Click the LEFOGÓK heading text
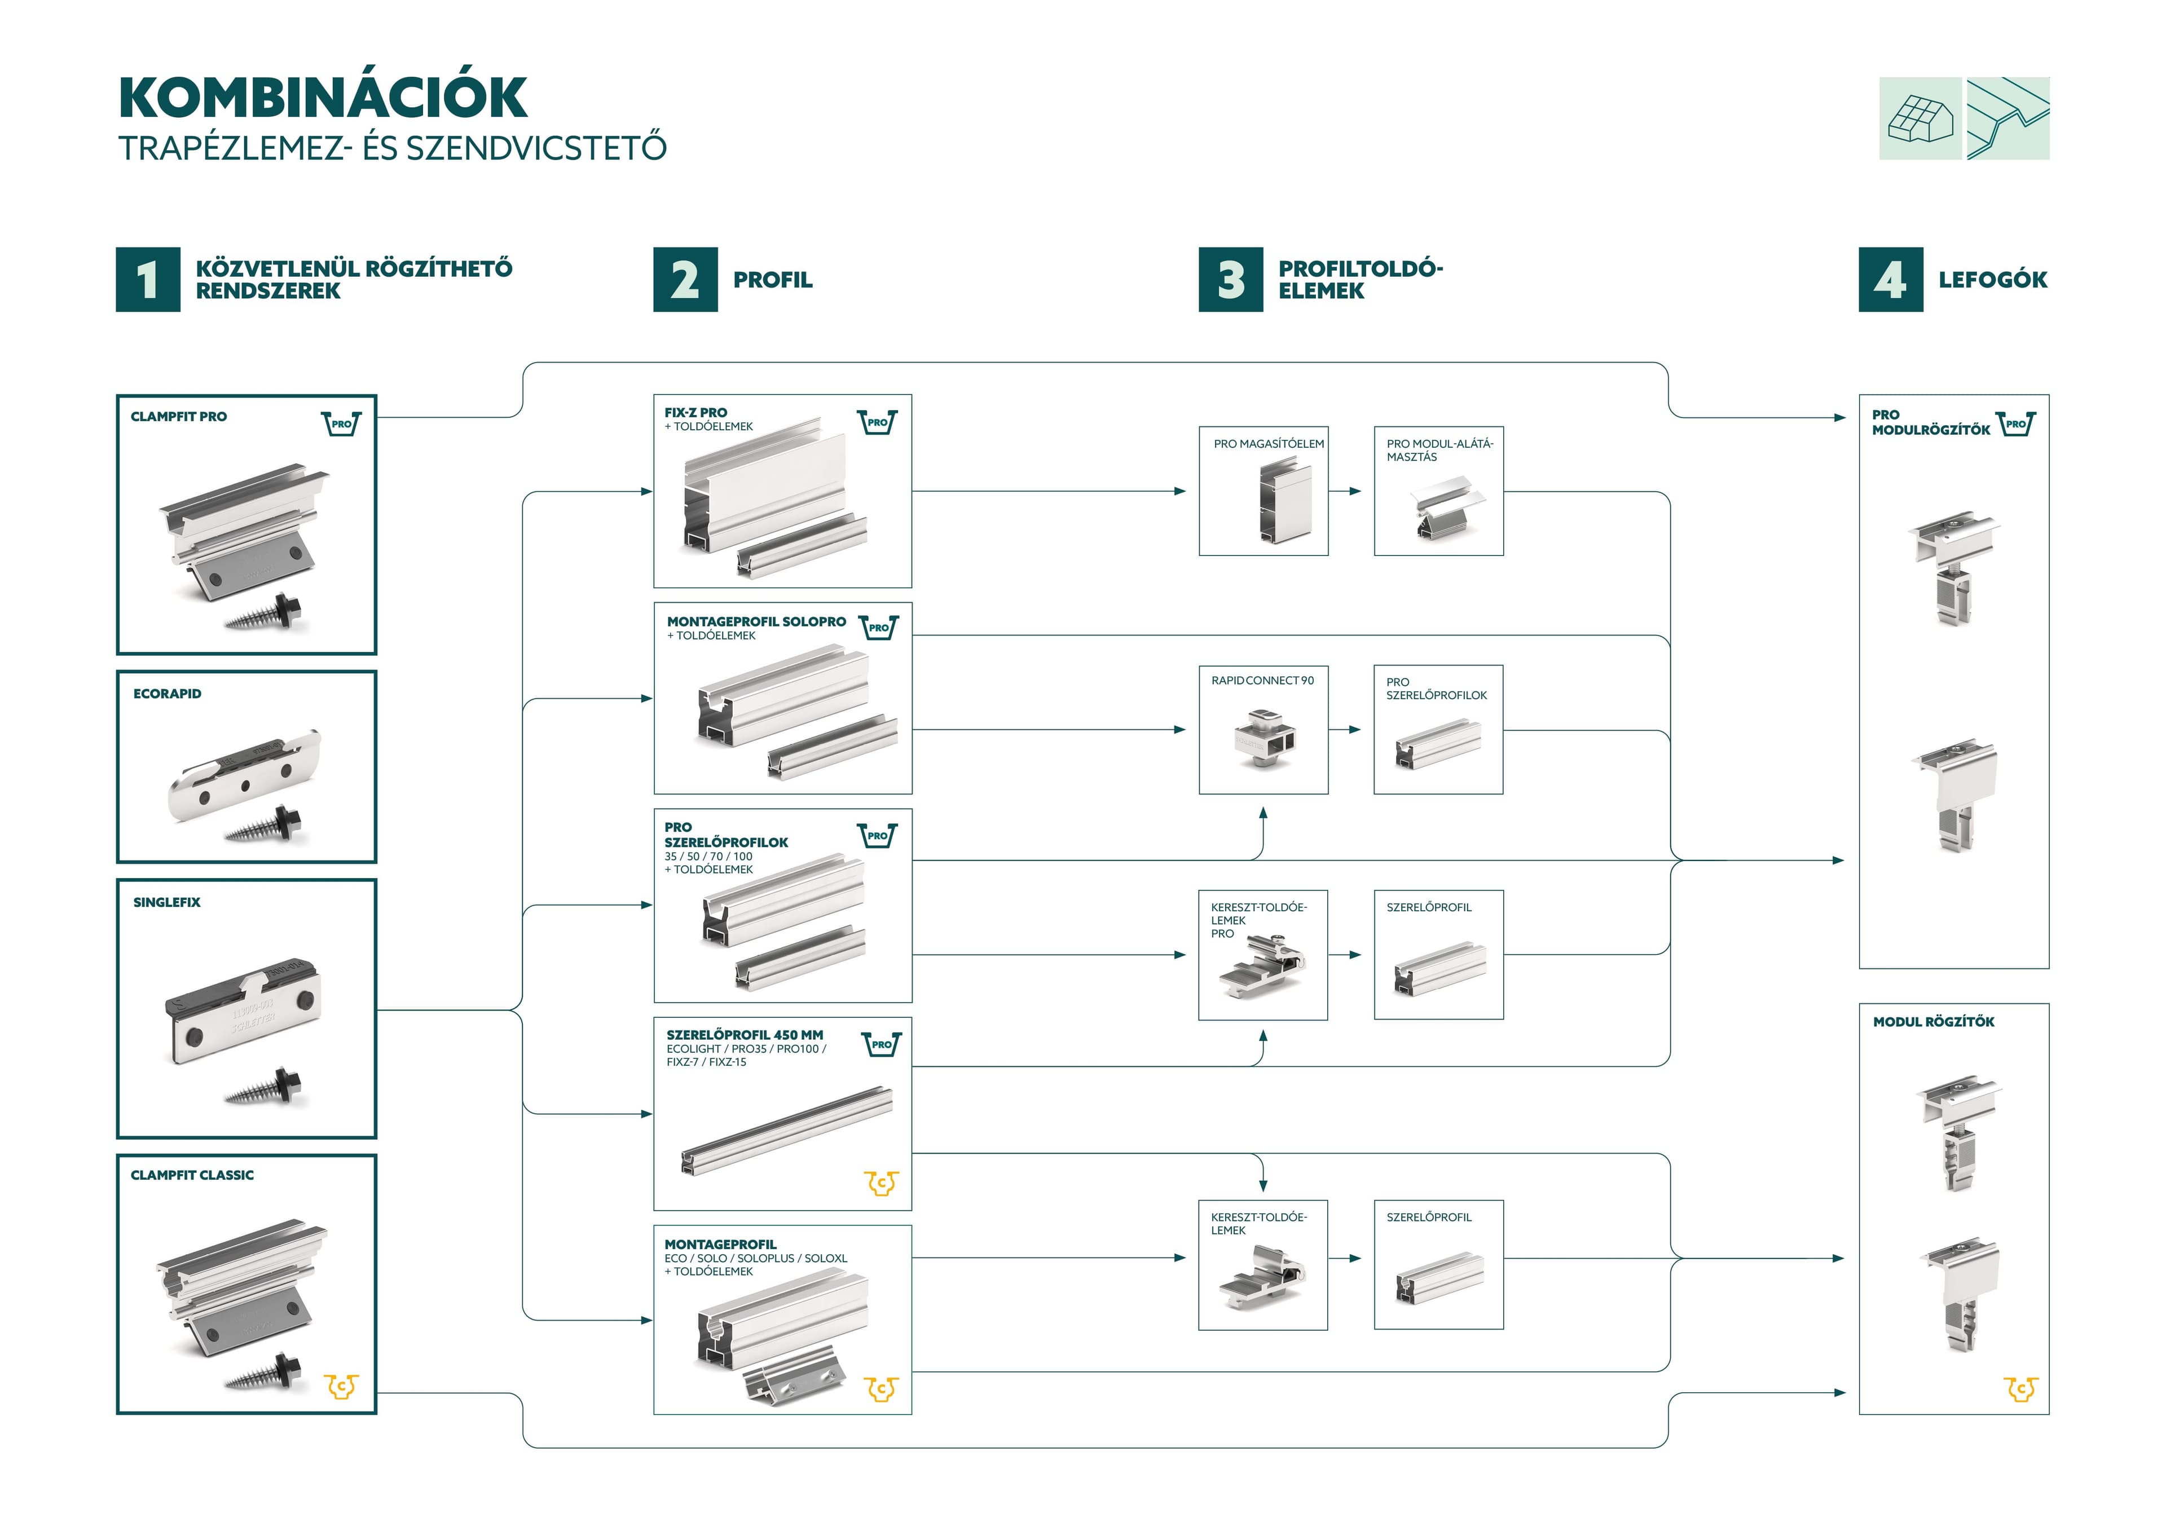(1992, 279)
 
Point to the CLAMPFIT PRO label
(178, 416)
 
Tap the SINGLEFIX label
(167, 902)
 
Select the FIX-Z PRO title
(695, 412)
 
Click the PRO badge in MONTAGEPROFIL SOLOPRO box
(878, 627)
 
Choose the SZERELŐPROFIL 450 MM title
(745, 1035)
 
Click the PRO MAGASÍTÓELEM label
(1268, 443)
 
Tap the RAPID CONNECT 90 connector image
(1262, 739)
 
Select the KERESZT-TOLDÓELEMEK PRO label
(1257, 920)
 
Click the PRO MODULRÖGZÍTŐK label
(1930, 422)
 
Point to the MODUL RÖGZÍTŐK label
(1933, 1022)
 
